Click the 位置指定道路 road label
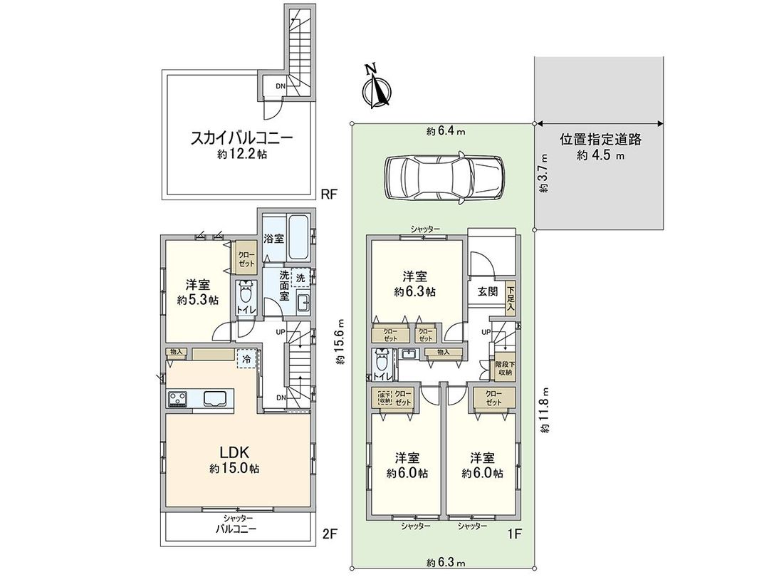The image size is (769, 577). click(x=600, y=140)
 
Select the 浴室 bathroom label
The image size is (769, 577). click(x=274, y=238)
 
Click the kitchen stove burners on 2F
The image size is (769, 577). click(x=177, y=399)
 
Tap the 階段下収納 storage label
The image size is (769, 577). click(x=505, y=366)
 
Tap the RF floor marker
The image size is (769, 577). click(x=328, y=193)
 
